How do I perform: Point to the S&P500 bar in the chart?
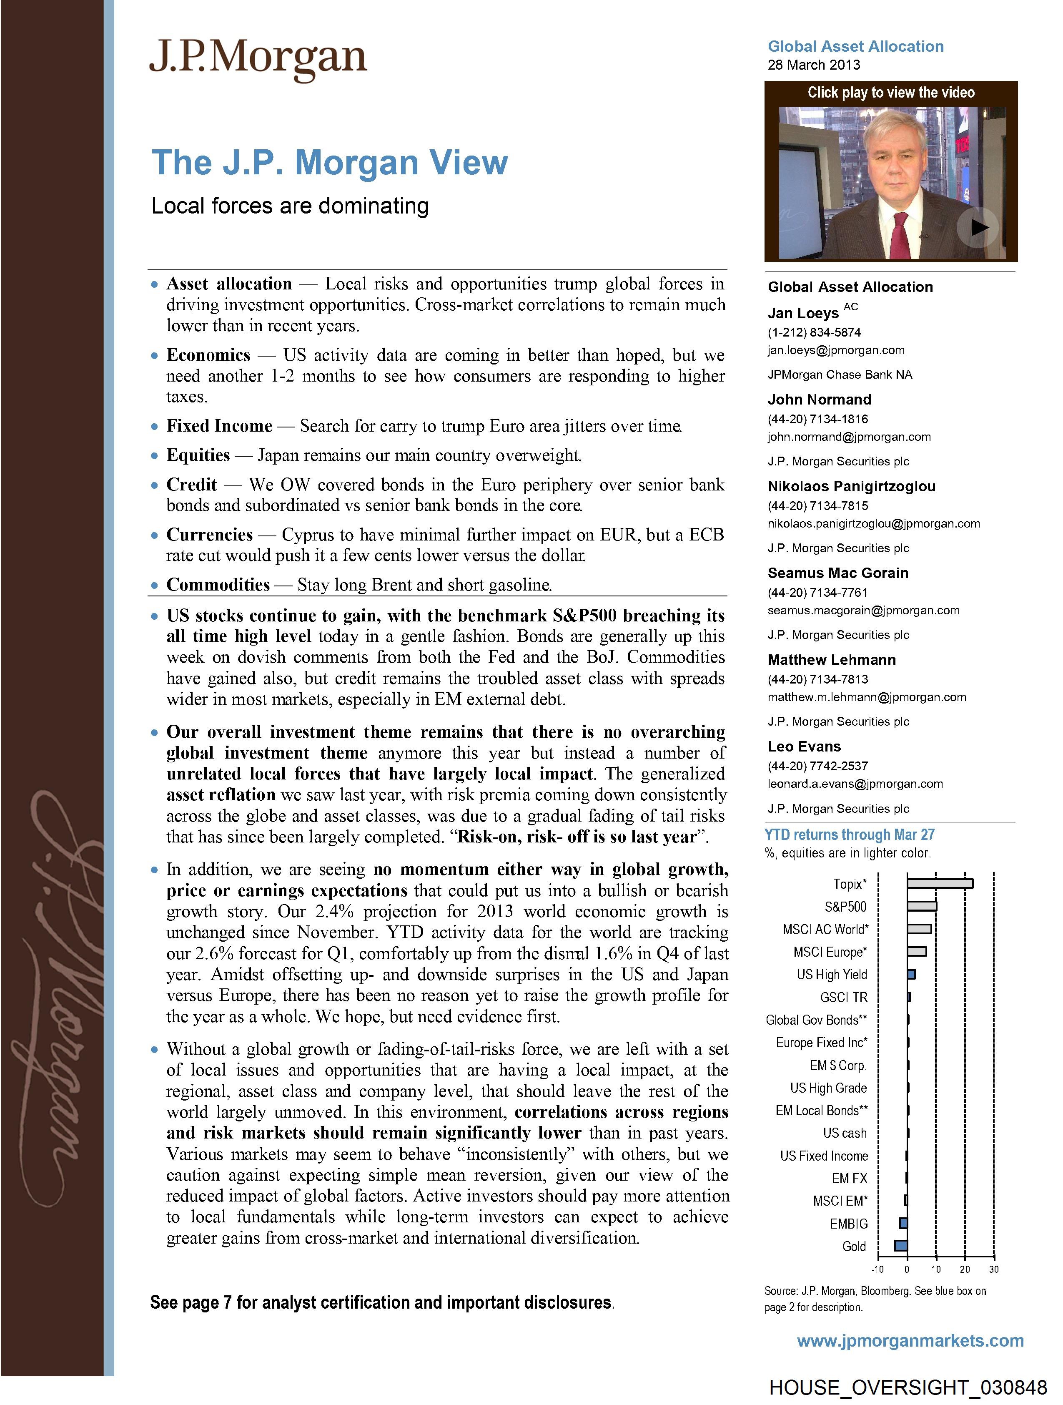921,906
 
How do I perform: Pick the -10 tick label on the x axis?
877,1269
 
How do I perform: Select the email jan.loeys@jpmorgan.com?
836,350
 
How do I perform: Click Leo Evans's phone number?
818,766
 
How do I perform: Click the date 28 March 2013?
813,65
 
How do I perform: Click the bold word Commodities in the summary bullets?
218,584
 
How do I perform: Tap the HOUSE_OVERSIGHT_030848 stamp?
908,1387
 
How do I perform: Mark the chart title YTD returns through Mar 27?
849,834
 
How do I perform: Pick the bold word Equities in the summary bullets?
198,455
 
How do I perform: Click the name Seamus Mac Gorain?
837,573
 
